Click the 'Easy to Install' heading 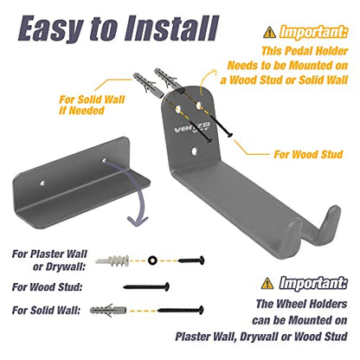click(119, 29)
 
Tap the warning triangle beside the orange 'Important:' click(269, 32)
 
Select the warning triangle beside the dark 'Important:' click(267, 283)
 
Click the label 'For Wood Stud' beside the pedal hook click(308, 154)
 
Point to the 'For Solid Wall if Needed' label click(92, 105)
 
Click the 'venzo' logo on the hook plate click(192, 127)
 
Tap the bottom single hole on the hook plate click(195, 151)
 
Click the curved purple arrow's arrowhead click(138, 221)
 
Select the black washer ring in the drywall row click(151, 260)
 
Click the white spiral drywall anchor click(112, 260)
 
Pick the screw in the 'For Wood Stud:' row click(146, 286)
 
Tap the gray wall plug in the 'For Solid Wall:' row click(108, 310)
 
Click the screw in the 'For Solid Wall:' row click(181, 311)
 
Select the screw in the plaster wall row click(191, 260)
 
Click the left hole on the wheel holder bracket click(43, 183)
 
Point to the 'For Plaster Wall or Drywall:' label click(49, 260)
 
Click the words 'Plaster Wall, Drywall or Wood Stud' click(261, 337)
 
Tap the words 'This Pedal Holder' click(305, 51)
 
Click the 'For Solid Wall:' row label click(46, 311)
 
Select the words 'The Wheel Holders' click(301, 304)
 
